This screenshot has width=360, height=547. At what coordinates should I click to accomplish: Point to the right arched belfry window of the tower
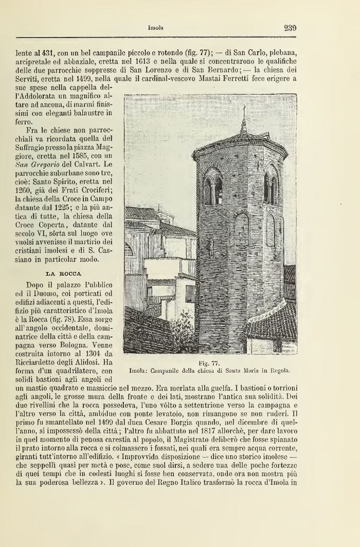[x=271, y=188]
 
